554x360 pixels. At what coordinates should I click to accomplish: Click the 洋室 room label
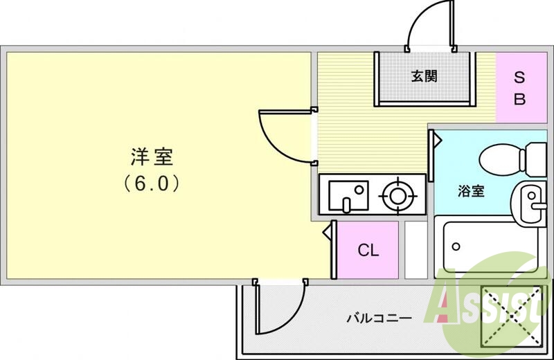[151, 157]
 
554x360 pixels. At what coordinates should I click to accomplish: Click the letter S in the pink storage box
[519, 78]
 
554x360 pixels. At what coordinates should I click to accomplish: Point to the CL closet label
[368, 250]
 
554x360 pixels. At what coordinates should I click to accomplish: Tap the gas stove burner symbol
[397, 195]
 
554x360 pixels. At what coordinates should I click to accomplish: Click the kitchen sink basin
[343, 195]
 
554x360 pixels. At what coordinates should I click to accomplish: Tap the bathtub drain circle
[456, 246]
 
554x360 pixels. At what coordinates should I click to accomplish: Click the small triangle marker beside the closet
[328, 233]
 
